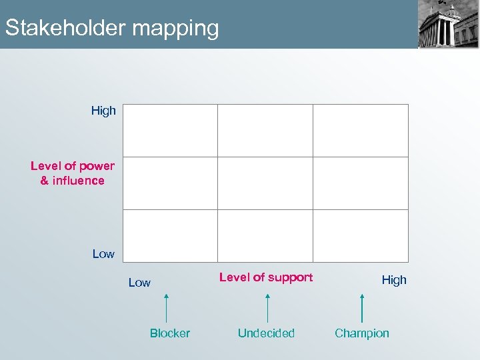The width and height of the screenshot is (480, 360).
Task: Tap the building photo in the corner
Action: [448, 24]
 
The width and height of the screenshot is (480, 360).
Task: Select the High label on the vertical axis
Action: [103, 111]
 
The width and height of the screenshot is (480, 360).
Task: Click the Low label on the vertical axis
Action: [103, 254]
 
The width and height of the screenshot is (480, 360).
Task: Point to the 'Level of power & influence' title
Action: [73, 173]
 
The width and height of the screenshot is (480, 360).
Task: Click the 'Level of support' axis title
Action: [266, 277]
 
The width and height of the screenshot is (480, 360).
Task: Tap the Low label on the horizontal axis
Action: [139, 283]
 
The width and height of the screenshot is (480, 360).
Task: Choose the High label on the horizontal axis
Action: [393, 280]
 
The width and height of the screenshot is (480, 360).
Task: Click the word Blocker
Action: [169, 333]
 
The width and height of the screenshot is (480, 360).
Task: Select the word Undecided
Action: [266, 333]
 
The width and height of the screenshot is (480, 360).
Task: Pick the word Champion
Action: [362, 333]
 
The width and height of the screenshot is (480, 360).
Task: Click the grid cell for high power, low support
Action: [170, 131]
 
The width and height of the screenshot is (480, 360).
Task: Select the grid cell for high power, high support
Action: [361, 131]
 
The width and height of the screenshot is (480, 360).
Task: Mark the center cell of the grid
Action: [265, 183]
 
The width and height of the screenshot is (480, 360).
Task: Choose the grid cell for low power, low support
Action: [170, 236]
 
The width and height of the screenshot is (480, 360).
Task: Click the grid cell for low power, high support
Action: [361, 236]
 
